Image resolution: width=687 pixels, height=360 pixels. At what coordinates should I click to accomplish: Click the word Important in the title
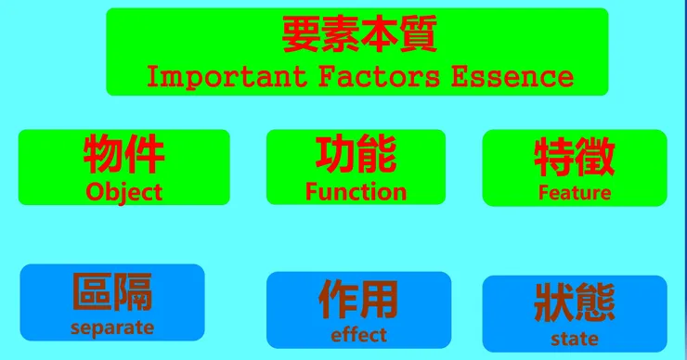tap(227, 77)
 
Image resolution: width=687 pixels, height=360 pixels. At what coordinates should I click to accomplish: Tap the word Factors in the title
tap(379, 76)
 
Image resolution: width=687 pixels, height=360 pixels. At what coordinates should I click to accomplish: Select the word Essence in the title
tap(512, 76)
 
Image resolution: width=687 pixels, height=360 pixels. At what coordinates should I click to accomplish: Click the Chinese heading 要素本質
tap(359, 33)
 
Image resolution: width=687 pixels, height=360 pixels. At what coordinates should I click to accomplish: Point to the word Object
tap(124, 192)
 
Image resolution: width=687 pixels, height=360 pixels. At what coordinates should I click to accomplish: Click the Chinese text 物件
tap(124, 154)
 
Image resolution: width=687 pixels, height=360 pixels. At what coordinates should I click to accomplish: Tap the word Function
tap(356, 192)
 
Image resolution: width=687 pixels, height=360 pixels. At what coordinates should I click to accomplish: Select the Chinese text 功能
tap(356, 154)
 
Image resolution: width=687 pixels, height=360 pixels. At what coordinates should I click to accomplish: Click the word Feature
tap(575, 193)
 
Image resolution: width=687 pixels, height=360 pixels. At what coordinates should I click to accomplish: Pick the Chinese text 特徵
tap(575, 157)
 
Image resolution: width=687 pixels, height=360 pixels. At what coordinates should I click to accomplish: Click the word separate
tap(112, 328)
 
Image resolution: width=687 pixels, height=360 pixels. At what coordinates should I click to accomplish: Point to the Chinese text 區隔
tap(112, 291)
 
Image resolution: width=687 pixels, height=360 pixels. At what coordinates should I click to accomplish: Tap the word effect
tap(359, 335)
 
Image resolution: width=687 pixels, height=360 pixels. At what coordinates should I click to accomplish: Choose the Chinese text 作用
tap(358, 300)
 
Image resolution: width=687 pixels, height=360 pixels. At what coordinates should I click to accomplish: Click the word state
tap(575, 339)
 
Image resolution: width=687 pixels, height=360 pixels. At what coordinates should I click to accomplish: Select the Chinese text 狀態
tap(575, 303)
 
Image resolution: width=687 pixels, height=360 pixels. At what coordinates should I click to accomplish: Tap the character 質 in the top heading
tap(419, 33)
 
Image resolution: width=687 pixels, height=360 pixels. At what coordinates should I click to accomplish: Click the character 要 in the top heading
tap(301, 33)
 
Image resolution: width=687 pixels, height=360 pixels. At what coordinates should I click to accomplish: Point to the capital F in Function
tap(311, 192)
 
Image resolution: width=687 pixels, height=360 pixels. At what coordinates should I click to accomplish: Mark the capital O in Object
tap(94, 192)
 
